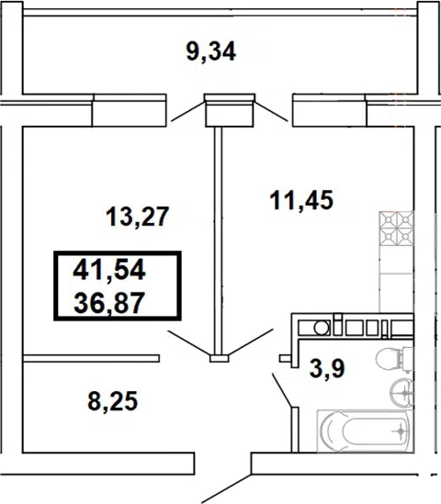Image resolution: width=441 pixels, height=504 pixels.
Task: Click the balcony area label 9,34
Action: [211, 52]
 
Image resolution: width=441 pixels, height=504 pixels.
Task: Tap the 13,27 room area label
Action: [137, 217]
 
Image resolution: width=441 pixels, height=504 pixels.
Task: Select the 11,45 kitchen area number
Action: [301, 200]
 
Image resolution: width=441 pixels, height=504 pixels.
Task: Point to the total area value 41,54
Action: [109, 270]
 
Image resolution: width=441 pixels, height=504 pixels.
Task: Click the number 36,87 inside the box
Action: [109, 303]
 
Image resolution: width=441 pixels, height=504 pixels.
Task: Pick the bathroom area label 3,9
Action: [327, 369]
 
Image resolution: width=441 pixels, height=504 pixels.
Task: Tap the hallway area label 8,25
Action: [113, 401]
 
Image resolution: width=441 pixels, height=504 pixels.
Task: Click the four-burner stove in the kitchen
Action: [397, 229]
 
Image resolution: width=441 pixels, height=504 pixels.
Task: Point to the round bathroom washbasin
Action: [401, 393]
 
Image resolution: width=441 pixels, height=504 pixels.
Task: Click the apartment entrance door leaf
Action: [226, 488]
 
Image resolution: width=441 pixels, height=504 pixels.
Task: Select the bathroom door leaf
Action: [282, 390]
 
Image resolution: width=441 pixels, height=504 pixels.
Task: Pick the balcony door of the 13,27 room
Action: [187, 111]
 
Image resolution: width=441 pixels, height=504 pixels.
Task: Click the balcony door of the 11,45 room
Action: [271, 111]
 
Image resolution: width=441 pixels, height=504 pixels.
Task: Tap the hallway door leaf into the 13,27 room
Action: [189, 343]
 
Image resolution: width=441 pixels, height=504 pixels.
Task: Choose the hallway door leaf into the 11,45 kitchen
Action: [251, 342]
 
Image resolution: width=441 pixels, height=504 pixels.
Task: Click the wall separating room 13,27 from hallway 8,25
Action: [91, 358]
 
